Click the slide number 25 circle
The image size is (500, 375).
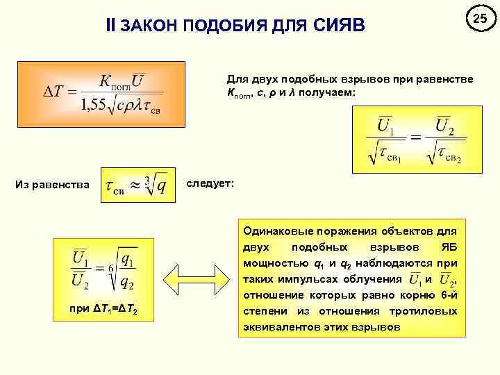tap(477, 19)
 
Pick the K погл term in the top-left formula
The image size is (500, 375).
tap(111, 81)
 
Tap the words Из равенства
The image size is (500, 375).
tap(53, 184)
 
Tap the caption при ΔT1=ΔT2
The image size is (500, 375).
tap(103, 308)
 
